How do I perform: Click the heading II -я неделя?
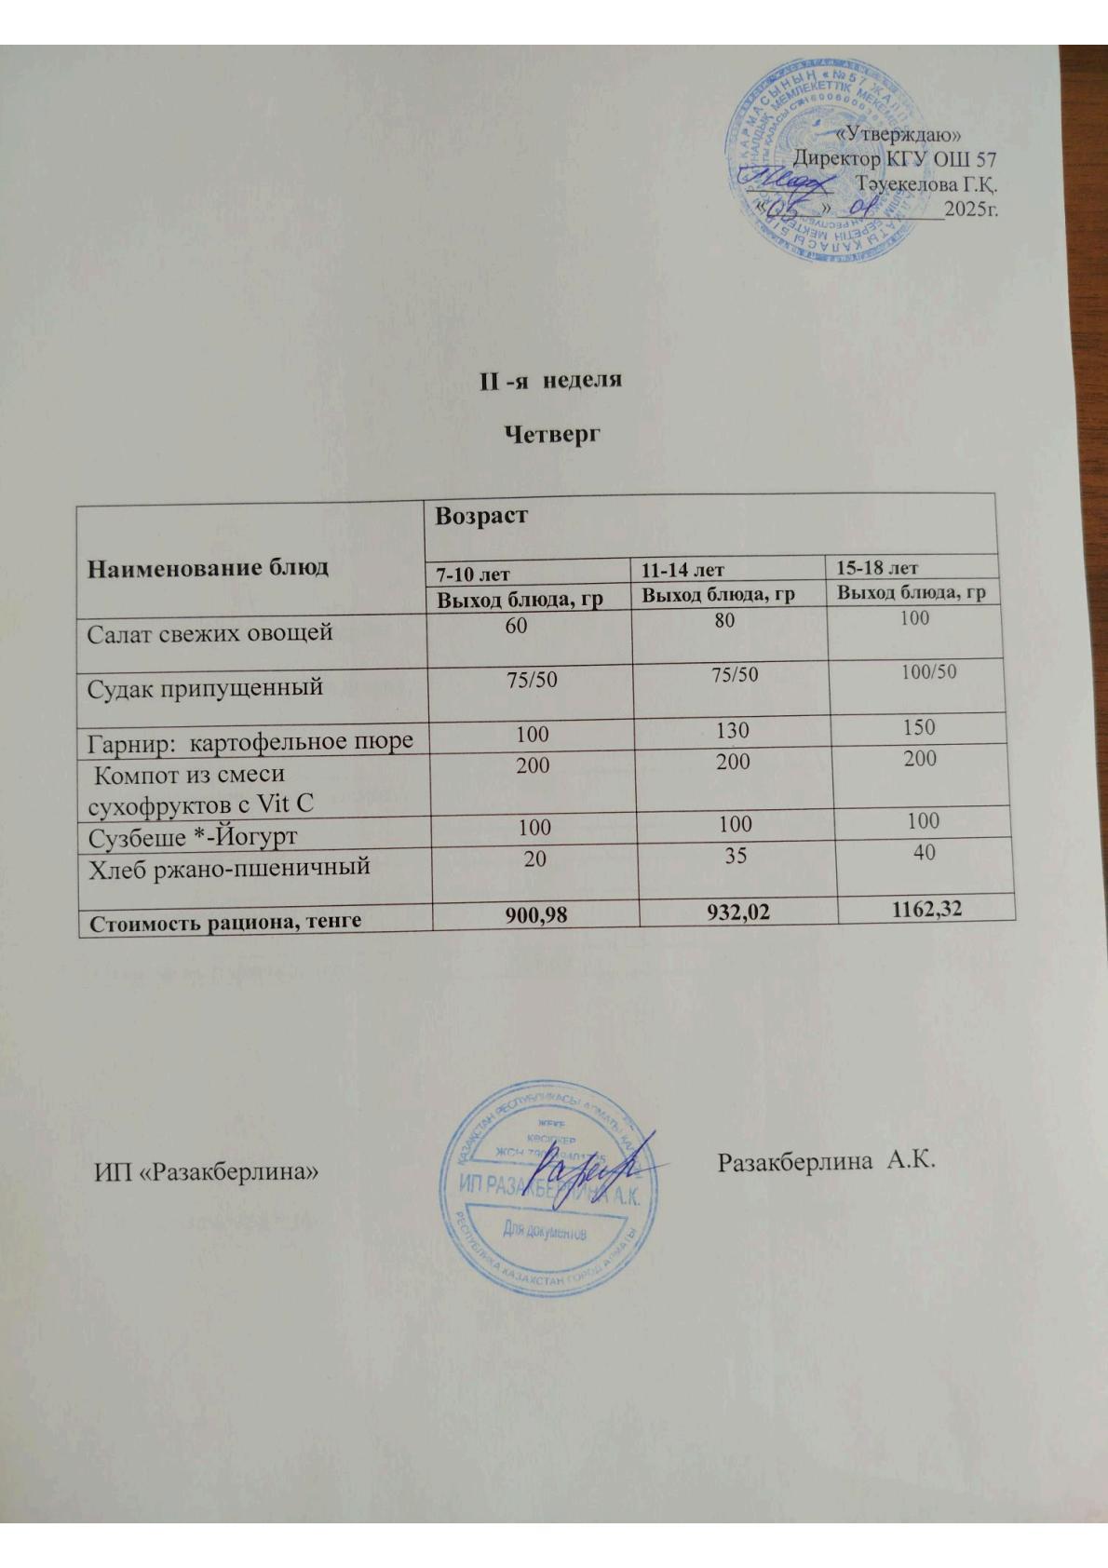(550, 381)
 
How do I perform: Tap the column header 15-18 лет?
(876, 566)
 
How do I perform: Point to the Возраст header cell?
(481, 516)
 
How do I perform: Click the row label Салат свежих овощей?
(209, 633)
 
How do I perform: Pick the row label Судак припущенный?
(205, 688)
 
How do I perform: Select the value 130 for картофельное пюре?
(733, 731)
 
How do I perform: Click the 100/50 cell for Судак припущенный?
(928, 671)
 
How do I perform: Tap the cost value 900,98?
(535, 917)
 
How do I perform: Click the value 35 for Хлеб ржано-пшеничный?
(736, 855)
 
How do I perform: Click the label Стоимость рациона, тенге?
(224, 922)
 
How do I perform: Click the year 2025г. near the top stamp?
(970, 210)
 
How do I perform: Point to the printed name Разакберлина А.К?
(826, 1161)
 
